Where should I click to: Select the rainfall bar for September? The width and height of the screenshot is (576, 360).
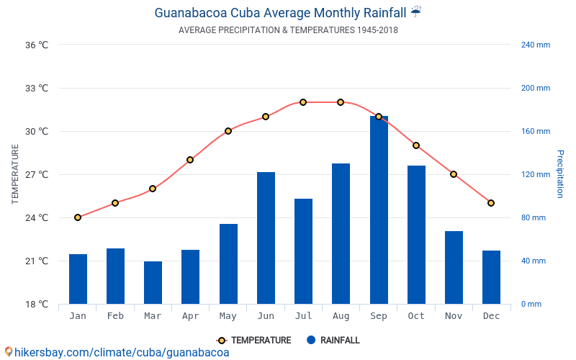click(379, 210)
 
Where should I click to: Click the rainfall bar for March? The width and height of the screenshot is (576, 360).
click(153, 282)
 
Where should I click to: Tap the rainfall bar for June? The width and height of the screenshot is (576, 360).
click(266, 238)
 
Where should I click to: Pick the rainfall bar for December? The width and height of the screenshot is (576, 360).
click(491, 277)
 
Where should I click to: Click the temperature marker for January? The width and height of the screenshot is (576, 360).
click(78, 217)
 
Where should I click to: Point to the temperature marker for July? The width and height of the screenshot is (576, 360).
click(303, 102)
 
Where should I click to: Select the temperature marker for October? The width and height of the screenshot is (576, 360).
click(416, 145)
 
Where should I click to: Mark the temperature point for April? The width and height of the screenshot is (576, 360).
click(190, 160)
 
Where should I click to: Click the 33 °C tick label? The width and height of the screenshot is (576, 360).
click(36, 89)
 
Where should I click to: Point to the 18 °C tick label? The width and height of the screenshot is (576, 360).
click(36, 304)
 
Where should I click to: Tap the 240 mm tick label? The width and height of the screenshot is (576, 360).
click(535, 45)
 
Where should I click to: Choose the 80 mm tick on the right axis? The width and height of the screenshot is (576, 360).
click(534, 217)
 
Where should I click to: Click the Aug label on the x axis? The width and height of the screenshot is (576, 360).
click(341, 316)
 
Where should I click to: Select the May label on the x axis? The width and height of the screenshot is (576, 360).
click(228, 316)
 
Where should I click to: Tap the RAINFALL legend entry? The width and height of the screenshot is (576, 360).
click(333, 341)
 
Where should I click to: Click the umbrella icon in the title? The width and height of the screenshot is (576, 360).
click(416, 12)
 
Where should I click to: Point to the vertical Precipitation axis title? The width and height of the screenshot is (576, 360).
click(559, 174)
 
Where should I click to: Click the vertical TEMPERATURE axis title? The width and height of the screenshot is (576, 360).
click(15, 174)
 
